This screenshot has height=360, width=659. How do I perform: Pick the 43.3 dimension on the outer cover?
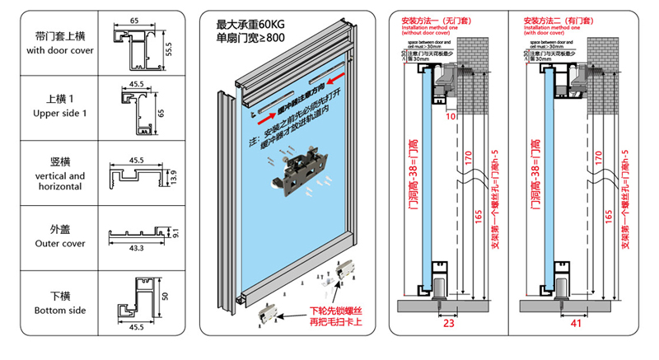tap(137, 248)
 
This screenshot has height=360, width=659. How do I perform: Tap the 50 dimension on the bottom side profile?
tap(164, 297)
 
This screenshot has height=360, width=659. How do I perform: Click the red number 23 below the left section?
tap(449, 325)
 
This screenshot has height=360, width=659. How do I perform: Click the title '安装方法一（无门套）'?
tap(431, 18)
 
